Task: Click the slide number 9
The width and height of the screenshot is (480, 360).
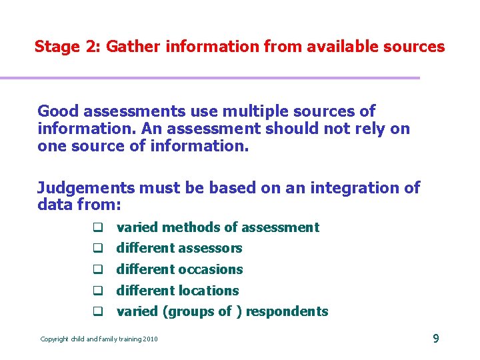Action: [436, 339]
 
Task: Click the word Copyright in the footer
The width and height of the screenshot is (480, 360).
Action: [55, 339]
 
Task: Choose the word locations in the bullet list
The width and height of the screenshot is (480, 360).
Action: [210, 291]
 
